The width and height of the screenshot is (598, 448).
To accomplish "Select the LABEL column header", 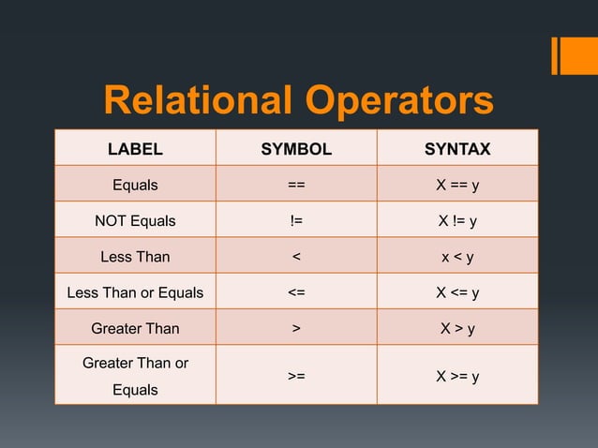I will click(135, 149).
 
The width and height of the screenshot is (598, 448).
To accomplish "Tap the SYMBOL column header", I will click(296, 149).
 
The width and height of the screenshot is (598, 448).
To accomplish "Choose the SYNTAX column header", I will click(457, 149).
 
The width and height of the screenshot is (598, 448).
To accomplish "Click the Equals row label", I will click(135, 185).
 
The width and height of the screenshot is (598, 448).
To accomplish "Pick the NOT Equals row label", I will click(135, 221).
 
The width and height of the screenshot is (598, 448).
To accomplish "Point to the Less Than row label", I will click(135, 257).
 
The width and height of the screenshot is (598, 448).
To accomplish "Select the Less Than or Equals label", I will click(135, 292).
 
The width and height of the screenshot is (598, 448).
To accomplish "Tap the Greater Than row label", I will click(135, 329).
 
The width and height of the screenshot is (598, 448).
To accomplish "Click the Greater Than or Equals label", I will click(135, 375).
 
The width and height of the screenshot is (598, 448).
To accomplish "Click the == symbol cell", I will click(296, 185).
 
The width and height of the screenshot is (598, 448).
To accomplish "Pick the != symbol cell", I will click(296, 221).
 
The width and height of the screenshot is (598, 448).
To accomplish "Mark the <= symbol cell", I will click(296, 292).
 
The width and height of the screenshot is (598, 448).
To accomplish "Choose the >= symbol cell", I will click(296, 376).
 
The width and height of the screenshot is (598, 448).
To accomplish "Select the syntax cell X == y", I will click(457, 185).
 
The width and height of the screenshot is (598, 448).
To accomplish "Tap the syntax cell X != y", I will click(457, 221).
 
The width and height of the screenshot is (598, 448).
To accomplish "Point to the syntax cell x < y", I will click(457, 257).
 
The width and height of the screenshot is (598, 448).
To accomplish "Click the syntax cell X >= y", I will click(457, 376).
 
